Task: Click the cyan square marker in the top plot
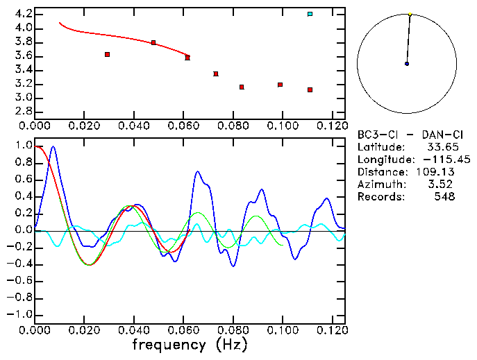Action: tap(310, 14)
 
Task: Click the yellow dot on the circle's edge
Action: tap(410, 14)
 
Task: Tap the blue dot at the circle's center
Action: tap(407, 64)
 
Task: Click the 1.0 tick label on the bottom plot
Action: tap(24, 146)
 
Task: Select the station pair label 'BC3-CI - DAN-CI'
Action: tap(406, 135)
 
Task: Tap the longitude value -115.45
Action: tap(435, 160)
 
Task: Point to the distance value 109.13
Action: tap(437, 172)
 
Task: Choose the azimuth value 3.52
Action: tap(444, 185)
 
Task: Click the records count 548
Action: tap(444, 197)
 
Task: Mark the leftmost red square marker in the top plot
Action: tap(107, 54)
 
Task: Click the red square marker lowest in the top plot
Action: tap(310, 89)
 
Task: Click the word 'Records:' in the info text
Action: tap(381, 197)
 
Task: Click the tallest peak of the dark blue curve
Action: tap(53, 147)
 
